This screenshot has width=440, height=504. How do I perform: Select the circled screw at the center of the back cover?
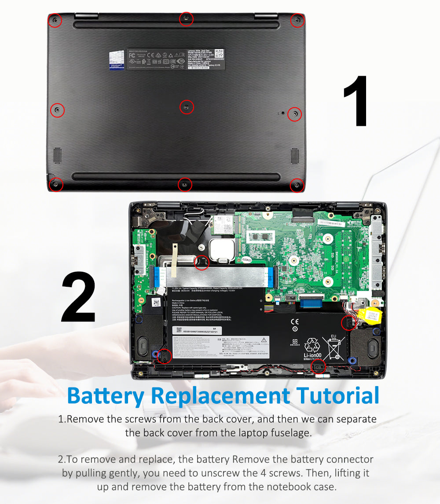click(187, 107)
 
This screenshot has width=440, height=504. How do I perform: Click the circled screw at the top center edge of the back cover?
click(186, 18)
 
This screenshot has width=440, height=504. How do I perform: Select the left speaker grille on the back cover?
click(58, 156)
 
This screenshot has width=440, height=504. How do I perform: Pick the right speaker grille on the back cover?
click(294, 156)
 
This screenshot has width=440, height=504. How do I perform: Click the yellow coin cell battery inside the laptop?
click(366, 315)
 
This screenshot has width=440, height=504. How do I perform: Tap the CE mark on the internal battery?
click(295, 321)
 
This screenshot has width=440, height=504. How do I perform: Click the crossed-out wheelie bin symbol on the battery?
click(333, 347)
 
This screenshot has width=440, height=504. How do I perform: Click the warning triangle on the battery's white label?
click(264, 340)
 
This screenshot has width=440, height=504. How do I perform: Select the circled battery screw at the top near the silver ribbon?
click(202, 262)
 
